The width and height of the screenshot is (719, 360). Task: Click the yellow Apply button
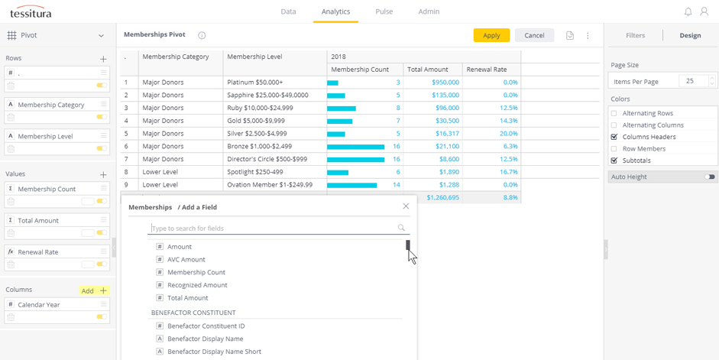point(491,35)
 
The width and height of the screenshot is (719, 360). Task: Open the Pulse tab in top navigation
point(384,11)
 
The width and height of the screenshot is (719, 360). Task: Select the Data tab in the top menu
point(288,11)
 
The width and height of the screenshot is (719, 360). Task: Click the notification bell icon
point(688,11)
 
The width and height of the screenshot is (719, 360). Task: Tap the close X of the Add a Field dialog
point(406,206)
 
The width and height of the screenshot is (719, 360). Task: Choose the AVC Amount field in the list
point(186,260)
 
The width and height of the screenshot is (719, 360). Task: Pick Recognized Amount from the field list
point(197,285)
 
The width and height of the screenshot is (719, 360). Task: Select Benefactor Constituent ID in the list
point(206,326)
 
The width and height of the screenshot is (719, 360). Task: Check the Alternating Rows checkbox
point(614,113)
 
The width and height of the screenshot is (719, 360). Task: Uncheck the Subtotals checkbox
point(614,161)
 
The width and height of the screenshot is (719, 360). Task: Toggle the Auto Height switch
point(710,177)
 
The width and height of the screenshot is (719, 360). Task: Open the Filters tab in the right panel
point(635,35)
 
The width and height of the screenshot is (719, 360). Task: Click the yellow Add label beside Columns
point(88,291)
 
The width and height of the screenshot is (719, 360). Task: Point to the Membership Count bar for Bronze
point(355,147)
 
